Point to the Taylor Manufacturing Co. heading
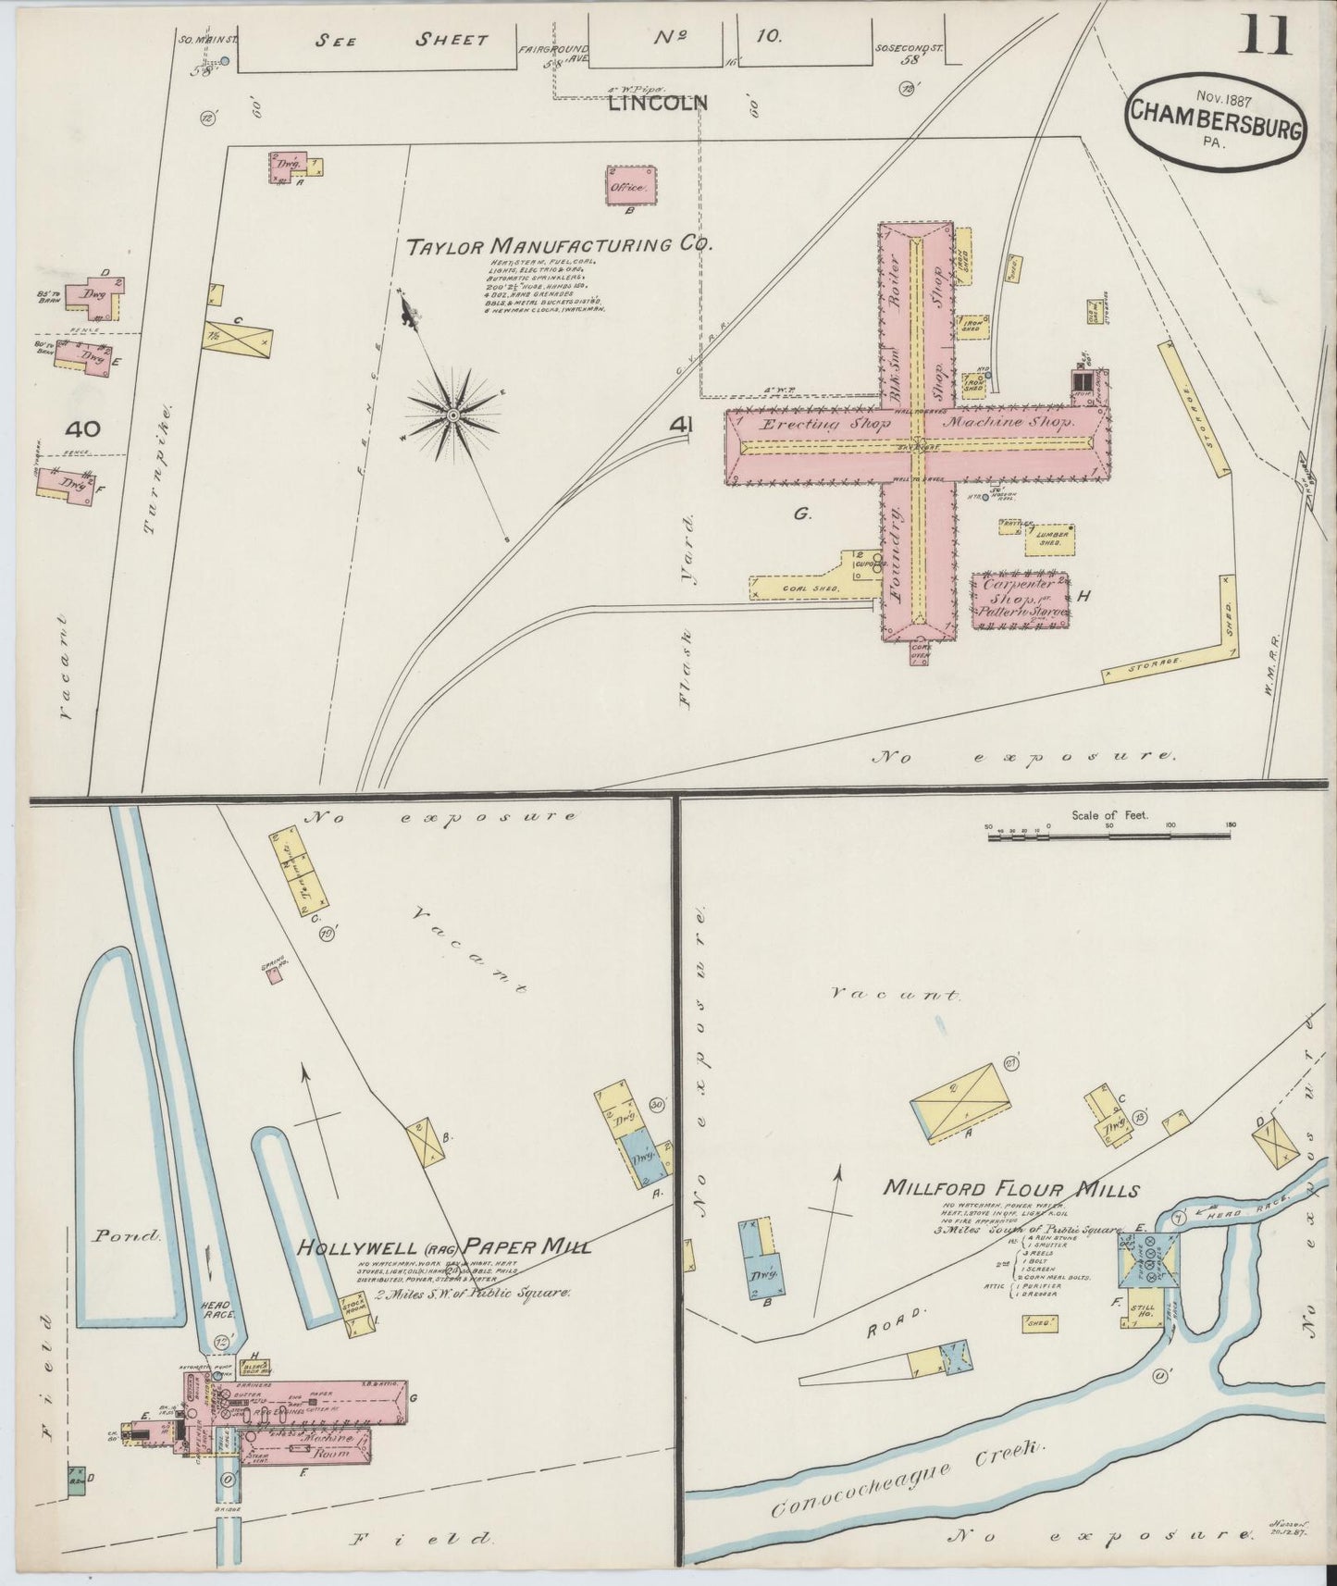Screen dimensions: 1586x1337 pyautogui.click(x=560, y=245)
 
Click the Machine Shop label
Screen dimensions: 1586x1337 pyautogui.click(x=1009, y=421)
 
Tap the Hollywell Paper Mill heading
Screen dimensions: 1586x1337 pyautogui.click(x=443, y=1247)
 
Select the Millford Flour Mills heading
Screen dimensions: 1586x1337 pyautogui.click(x=1010, y=1189)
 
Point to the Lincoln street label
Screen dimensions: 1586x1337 pyautogui.click(x=657, y=103)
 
